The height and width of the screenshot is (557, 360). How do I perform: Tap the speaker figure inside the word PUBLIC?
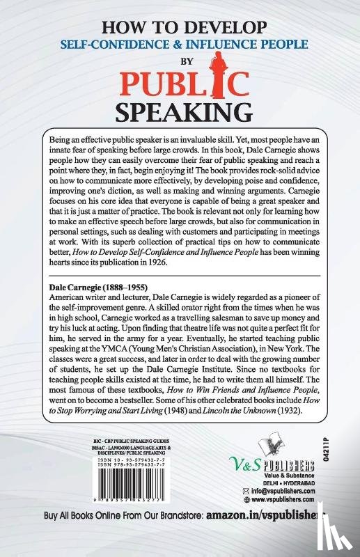[208, 81]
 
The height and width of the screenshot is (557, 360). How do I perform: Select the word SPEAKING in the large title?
[180, 111]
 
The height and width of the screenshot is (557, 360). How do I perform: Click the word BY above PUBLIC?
[180, 58]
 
